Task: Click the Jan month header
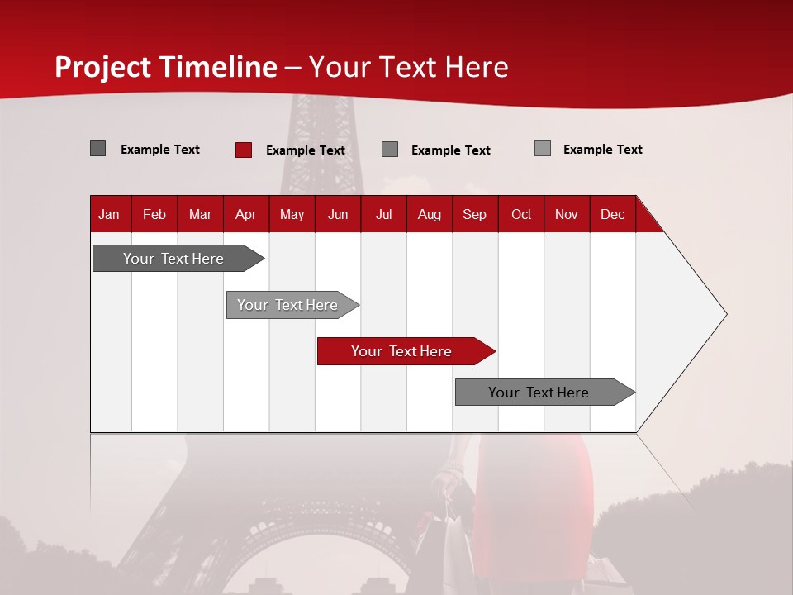click(x=109, y=214)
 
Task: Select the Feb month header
click(x=154, y=214)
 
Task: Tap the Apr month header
click(x=245, y=214)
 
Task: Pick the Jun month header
click(x=338, y=214)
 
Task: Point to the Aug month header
click(x=429, y=214)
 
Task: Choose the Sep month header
click(x=474, y=214)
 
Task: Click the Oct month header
click(x=521, y=214)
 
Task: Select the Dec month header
click(x=612, y=214)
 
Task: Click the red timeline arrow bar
click(x=405, y=351)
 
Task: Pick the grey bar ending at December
click(x=542, y=393)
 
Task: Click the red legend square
click(x=244, y=150)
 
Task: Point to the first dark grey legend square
click(x=97, y=149)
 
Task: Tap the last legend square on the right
click(x=543, y=149)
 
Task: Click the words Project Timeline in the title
click(x=166, y=67)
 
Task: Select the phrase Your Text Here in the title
click(x=408, y=67)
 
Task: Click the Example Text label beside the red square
click(x=306, y=150)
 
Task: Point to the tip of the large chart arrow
click(x=725, y=314)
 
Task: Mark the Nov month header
click(x=567, y=214)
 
